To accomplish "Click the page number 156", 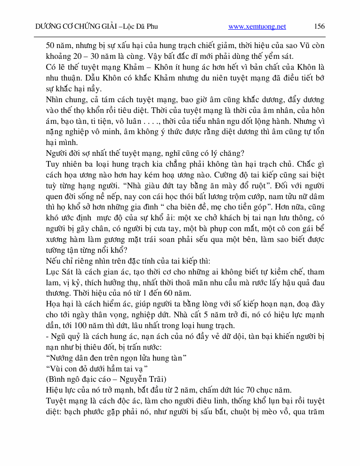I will pos(319,26).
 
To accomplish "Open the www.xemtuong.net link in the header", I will pos(257,27).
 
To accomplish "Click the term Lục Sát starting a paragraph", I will pos(58,272).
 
